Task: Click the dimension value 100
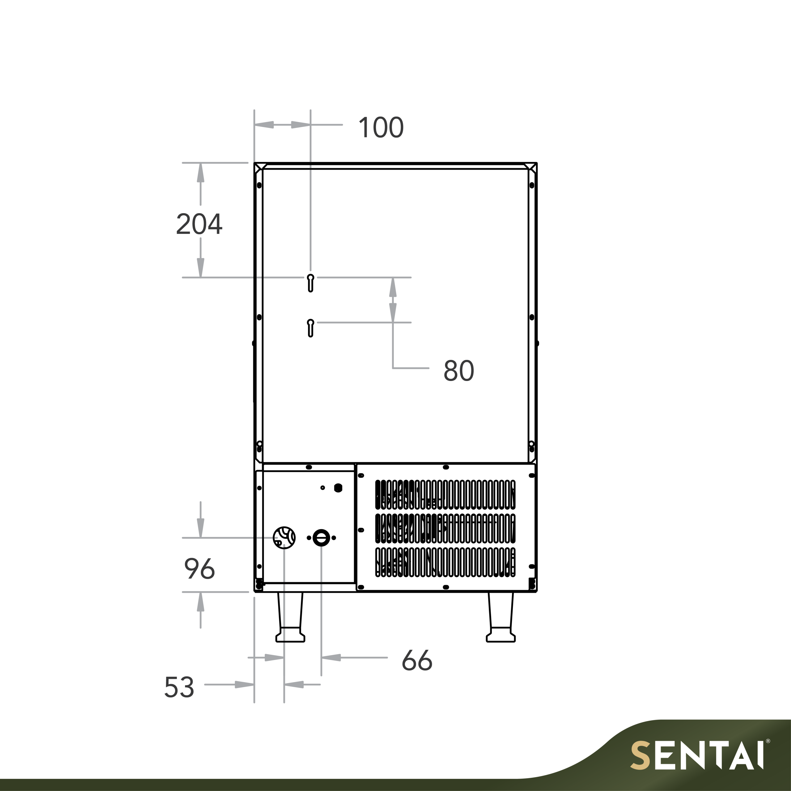tap(381, 128)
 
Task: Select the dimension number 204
tap(199, 224)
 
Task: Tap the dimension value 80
tap(459, 371)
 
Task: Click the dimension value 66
tap(417, 660)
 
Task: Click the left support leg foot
tap(290, 637)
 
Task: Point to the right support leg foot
tap(500, 637)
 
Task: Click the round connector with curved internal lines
tap(284, 538)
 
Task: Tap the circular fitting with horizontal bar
tap(321, 538)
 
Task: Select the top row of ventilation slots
tap(445, 495)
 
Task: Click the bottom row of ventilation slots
tap(445, 562)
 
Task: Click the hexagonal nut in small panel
tap(338, 488)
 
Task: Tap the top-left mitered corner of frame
tap(260, 168)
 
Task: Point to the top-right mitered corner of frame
tap(531, 168)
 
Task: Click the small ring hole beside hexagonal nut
tap(323, 488)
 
